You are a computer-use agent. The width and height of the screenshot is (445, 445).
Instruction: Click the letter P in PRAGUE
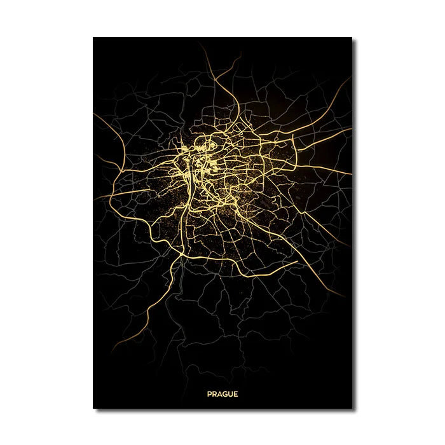click(x=209, y=394)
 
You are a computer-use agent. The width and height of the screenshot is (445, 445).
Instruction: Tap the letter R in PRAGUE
click(x=214, y=394)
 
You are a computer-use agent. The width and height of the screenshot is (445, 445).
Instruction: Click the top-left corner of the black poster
click(x=93, y=38)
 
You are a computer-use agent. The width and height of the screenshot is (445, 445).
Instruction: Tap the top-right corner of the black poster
click(x=352, y=38)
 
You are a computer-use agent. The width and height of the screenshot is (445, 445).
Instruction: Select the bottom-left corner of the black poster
click(x=93, y=408)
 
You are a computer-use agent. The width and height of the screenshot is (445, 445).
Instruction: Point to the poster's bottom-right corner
click(x=352, y=408)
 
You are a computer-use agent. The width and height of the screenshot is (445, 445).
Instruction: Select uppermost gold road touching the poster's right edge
click(x=350, y=79)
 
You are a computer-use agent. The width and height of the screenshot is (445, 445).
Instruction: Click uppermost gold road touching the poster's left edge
click(x=95, y=115)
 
